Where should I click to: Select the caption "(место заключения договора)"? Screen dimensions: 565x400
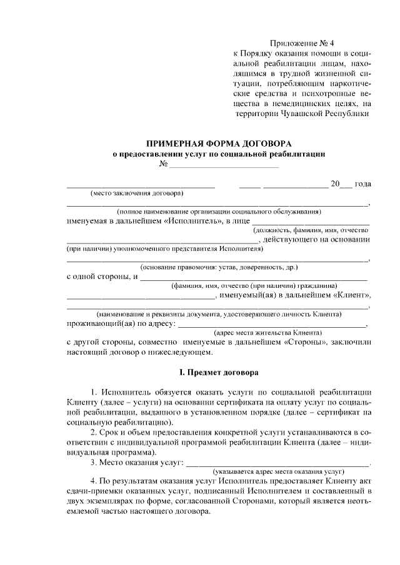pos(137,193)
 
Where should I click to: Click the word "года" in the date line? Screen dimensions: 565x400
pos(362,184)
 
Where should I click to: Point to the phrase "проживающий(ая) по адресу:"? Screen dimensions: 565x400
pos(122,323)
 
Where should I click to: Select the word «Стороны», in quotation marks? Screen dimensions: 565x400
pos(306,342)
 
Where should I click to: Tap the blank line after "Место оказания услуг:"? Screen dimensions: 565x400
pos(278,463)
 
